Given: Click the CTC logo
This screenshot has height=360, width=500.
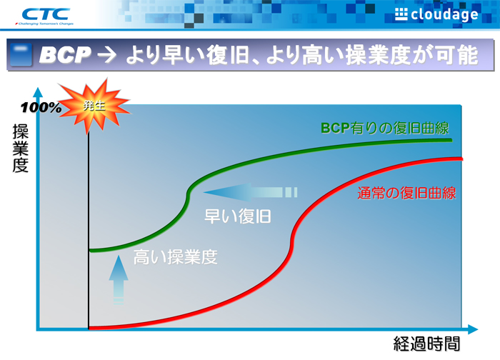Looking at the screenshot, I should [x=46, y=13].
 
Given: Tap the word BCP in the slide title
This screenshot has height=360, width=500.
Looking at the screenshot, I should [x=66, y=55].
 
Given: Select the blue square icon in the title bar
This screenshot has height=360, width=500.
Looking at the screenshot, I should [x=23, y=56].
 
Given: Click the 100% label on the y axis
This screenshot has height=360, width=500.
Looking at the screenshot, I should [x=41, y=108].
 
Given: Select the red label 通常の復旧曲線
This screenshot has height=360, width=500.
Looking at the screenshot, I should [x=406, y=192].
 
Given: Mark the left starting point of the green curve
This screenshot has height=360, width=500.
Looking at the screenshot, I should [x=89, y=250].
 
